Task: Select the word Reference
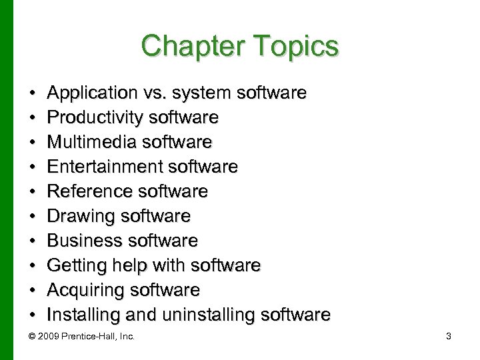coord(87,192)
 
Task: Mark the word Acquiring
coord(85,290)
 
